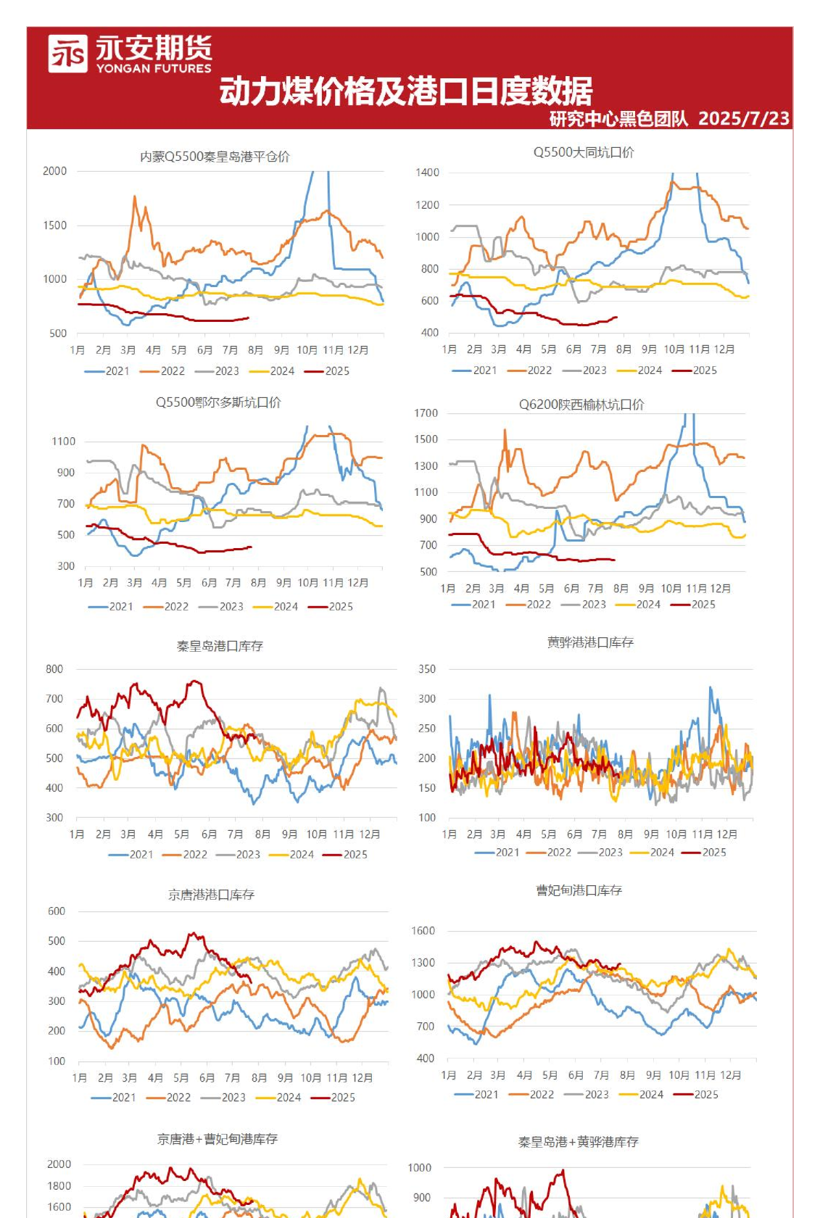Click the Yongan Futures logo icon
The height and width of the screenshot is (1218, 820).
[x=67, y=54]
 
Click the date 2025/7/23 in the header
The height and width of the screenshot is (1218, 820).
[x=743, y=119]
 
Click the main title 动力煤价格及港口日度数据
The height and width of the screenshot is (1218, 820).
[x=405, y=91]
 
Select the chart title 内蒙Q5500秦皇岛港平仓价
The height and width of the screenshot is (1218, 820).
[x=215, y=157]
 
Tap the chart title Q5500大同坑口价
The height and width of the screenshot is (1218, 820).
[x=584, y=152]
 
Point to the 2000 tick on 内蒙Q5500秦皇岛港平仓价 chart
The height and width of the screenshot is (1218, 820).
[x=54, y=171]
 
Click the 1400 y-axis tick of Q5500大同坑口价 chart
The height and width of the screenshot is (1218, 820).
[x=427, y=173]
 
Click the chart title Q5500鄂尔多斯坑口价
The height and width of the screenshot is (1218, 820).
[x=218, y=402]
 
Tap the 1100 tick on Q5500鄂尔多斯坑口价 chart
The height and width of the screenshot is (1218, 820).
[x=63, y=442]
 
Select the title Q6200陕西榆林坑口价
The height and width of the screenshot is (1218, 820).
[x=581, y=405]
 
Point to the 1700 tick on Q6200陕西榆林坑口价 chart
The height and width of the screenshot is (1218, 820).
[x=426, y=413]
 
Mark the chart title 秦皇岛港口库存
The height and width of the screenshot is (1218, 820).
[x=220, y=646]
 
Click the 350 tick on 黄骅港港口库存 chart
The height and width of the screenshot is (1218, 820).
[x=427, y=669]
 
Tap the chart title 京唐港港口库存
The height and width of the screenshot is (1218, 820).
[x=211, y=895]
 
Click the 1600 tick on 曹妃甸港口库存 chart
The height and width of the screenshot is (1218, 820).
[x=423, y=931]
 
